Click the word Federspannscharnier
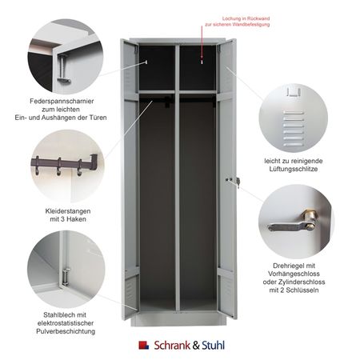[62, 102]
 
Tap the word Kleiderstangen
[68, 211]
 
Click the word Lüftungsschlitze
[294, 169]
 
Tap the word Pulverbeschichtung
[66, 331]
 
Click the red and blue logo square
[144, 346]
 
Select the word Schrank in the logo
[172, 346]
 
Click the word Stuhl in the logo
[213, 346]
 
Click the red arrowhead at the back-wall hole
[202, 57]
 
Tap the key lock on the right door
[238, 182]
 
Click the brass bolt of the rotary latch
[310, 220]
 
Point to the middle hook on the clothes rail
[58, 167]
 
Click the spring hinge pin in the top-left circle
[63, 69]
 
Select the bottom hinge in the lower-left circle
[65, 277]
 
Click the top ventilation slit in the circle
[294, 113]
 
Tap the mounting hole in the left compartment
[146, 62]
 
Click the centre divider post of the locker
[178, 178]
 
